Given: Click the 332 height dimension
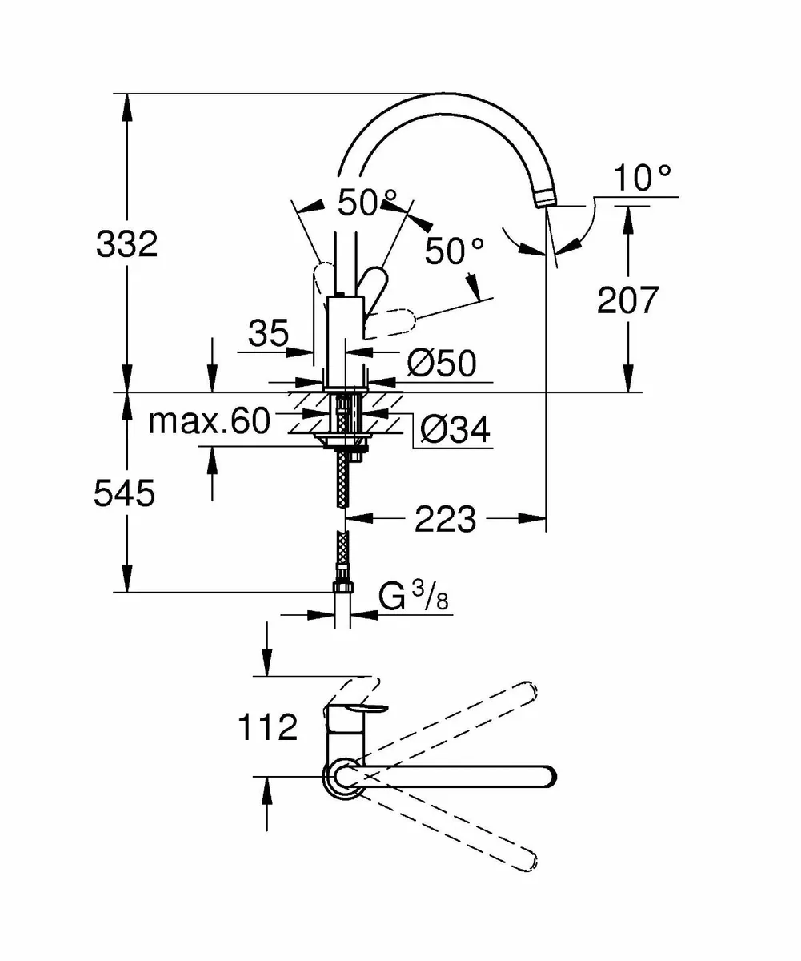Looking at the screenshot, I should [127, 243].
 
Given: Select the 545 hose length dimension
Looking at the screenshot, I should [124, 494].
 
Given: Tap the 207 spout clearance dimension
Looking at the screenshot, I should [627, 300].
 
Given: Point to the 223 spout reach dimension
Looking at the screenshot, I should [445, 520].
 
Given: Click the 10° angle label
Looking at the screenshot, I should [643, 179].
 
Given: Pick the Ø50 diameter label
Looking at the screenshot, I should [441, 364].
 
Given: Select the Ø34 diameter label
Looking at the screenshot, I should [455, 432].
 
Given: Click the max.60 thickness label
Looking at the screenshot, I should [210, 420].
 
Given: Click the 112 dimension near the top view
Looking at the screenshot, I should [267, 727].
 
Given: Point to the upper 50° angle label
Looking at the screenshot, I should [367, 203].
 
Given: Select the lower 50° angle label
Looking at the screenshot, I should [455, 251].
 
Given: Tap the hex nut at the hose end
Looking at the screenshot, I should [342, 588].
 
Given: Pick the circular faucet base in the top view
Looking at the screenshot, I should [342, 778].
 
